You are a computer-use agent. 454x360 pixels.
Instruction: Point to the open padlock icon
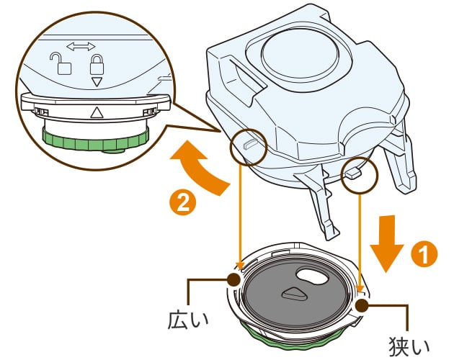pos(65,64)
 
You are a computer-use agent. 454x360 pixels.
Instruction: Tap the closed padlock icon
pos(96,66)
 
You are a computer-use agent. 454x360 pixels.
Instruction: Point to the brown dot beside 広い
pos(234,279)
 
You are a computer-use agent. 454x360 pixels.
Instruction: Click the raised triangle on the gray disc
pos(293,292)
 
